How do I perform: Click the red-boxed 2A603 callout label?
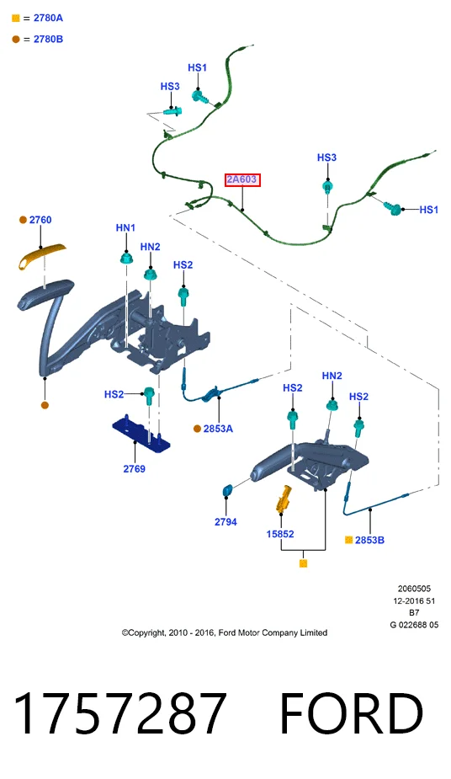(242, 179)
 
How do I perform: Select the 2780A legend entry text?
(48, 18)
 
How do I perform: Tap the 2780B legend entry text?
(48, 39)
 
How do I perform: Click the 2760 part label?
(40, 220)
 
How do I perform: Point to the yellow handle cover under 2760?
(42, 254)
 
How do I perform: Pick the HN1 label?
(125, 227)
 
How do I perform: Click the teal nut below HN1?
(126, 258)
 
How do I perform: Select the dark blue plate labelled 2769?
(141, 434)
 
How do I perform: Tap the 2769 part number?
(134, 468)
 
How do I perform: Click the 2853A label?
(218, 429)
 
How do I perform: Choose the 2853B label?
(369, 540)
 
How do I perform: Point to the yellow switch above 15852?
(284, 499)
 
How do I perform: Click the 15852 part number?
(280, 534)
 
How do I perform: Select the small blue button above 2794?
(228, 490)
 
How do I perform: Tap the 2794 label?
(225, 521)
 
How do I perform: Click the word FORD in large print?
(352, 714)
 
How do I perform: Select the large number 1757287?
(120, 714)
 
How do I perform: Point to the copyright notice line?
(225, 632)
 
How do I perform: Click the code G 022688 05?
(414, 625)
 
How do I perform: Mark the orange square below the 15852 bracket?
(303, 563)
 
